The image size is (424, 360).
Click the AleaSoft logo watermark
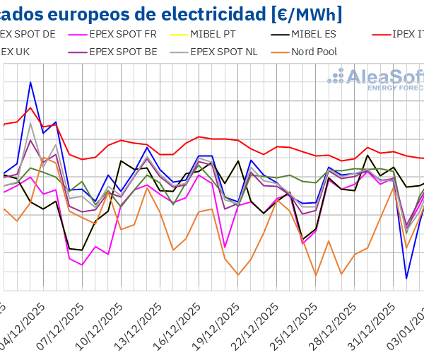[378, 79]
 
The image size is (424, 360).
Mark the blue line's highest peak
[30, 83]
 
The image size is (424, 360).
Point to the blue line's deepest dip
[406, 278]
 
